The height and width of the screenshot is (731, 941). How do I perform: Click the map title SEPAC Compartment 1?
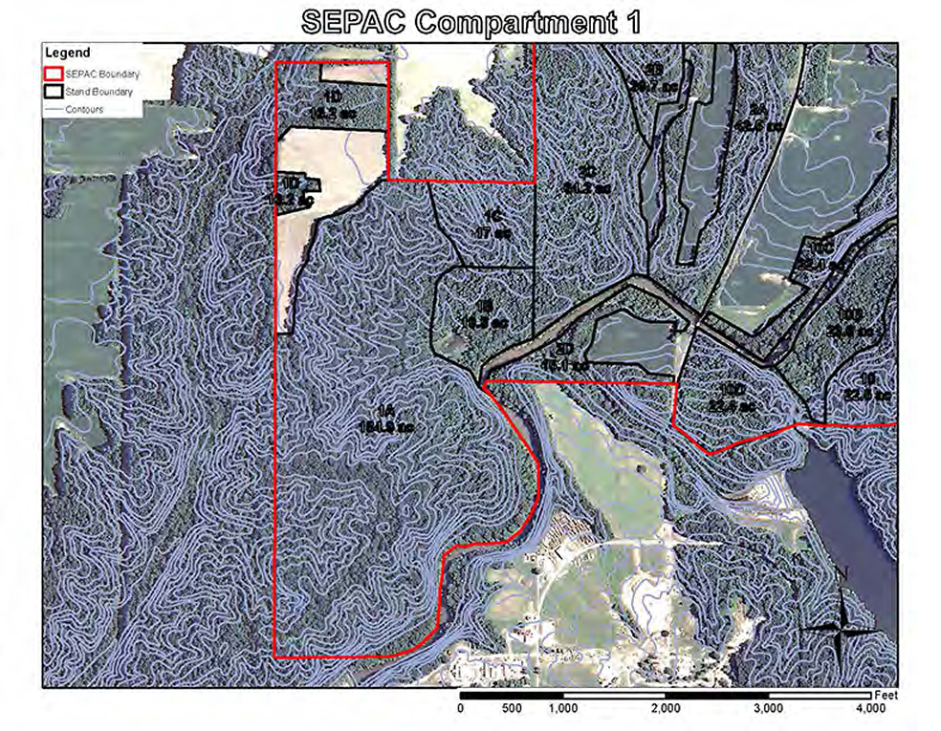tap(470, 23)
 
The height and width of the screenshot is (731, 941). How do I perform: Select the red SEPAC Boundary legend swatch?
tap(55, 74)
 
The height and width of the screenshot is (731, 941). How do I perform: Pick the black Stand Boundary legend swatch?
tap(55, 92)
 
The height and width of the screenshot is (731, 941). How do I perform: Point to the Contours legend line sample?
tap(55, 109)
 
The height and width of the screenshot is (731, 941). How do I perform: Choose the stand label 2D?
tap(564, 349)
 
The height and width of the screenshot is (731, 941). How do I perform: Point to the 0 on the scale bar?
tap(461, 710)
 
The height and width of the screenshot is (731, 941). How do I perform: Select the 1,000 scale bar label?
tap(562, 710)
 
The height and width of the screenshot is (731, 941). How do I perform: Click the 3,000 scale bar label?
tap(768, 710)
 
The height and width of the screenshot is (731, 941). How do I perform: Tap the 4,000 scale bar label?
tap(869, 710)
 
